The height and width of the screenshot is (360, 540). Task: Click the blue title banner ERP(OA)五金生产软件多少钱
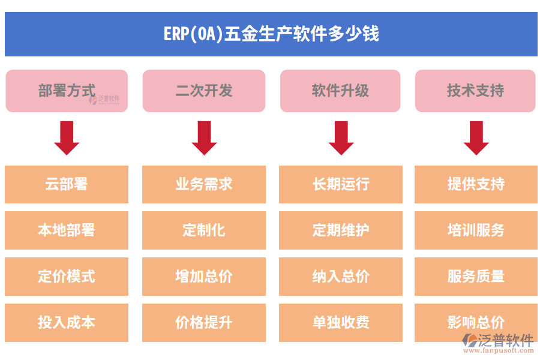coord(271,34)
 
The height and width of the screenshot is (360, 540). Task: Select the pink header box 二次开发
coord(204,91)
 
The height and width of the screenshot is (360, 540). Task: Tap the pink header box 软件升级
coord(340,91)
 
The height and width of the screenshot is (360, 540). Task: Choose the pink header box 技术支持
coord(475,91)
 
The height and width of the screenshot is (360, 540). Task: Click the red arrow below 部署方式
coord(67,138)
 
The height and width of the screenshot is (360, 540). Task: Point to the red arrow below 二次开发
coord(204,138)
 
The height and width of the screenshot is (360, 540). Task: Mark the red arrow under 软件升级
coord(341,138)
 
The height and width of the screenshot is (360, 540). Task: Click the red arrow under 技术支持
coord(476,138)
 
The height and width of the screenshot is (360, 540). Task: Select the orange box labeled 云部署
coord(67,184)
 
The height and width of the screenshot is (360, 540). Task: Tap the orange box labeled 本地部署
coord(67,230)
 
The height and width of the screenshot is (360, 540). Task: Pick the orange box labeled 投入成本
coord(67,323)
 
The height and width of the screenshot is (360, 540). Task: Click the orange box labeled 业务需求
coord(204,184)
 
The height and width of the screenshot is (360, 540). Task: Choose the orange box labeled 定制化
coord(204,230)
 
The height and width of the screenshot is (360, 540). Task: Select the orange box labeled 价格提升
coord(204,323)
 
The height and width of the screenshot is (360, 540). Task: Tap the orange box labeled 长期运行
coord(341,184)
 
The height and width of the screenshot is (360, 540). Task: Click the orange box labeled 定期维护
coord(341,230)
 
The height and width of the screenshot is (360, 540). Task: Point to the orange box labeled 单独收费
coord(341,323)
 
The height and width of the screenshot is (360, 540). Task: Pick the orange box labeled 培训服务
coord(476,230)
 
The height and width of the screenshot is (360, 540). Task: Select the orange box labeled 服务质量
coord(476,277)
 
